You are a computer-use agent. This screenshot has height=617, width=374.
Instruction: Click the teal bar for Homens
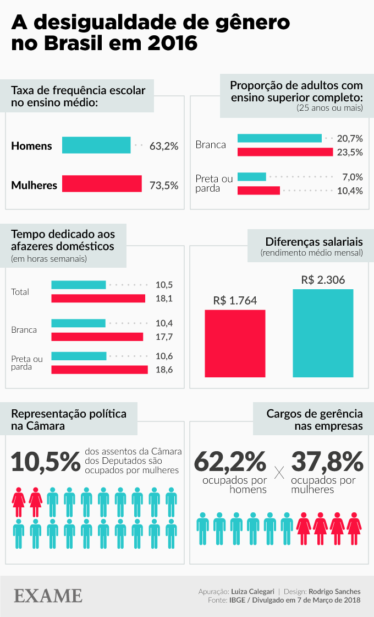pos(96,145)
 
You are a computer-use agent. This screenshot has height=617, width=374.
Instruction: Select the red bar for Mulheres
pos(102,184)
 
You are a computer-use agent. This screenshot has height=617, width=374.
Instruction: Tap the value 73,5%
pos(164,185)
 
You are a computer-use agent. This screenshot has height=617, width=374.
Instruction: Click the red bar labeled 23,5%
pos(285,152)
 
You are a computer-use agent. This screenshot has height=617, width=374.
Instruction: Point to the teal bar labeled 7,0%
pos(251,177)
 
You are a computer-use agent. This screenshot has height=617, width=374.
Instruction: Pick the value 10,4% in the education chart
pos(350,191)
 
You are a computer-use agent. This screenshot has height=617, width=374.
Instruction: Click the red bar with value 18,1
pos(98,299)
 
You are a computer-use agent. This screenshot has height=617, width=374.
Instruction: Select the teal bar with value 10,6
pos(79,356)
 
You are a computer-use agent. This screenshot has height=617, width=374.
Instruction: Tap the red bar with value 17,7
pos(97,337)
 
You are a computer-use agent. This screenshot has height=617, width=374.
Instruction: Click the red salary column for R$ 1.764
pos(235,343)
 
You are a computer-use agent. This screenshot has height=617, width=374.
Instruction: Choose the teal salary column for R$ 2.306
pos(323,333)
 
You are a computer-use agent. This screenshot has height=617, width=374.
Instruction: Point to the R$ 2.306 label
pos(323,280)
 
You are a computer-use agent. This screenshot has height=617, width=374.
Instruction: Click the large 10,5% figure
pos(46,462)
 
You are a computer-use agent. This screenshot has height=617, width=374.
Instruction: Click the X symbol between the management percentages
pos(279,472)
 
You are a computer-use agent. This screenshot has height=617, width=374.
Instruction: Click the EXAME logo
pos(48,596)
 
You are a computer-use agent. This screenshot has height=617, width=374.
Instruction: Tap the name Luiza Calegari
pos(253,591)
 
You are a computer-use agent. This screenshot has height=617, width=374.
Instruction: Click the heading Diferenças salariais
pos(313,242)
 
